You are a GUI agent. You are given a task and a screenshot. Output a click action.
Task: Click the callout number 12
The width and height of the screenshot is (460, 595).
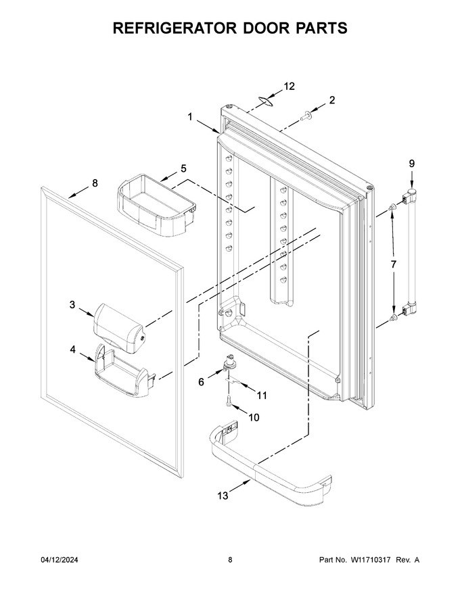[289, 86]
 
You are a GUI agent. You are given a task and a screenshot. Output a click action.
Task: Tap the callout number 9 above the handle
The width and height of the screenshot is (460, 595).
[412, 164]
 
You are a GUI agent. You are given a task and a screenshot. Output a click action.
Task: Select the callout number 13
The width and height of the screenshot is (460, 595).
[223, 496]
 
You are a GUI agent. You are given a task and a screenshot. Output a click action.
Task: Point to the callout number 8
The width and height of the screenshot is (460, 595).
[95, 183]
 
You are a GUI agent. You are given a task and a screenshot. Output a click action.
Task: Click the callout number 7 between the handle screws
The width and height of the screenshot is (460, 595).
[393, 264]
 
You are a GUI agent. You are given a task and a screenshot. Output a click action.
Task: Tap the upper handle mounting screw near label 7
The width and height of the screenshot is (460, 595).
[393, 207]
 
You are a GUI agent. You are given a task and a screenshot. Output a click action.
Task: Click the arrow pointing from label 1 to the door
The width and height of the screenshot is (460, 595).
[208, 125]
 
